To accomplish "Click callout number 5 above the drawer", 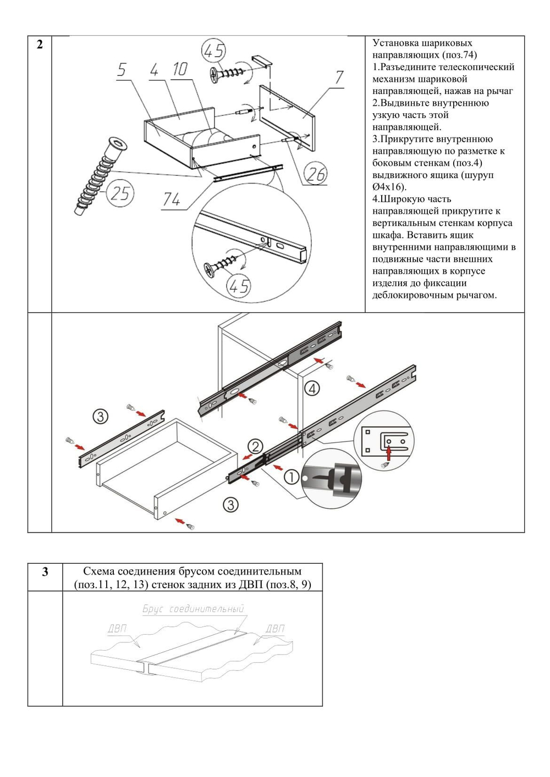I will coord(122,70).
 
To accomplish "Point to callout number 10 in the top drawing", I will coord(180,69).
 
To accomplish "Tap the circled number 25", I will coord(120,193).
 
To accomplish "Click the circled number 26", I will coord(316,174).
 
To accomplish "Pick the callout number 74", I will coord(172,199).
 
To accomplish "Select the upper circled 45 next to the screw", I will coord(214,51).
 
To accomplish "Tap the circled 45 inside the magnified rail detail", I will coord(239,286).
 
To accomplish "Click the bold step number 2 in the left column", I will coord(40,45).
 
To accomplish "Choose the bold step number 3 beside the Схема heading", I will coord(45,572).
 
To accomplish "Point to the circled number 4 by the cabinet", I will coord(312,389).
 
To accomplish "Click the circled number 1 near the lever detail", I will coord(291,477).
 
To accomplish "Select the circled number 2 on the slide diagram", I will coord(255,447).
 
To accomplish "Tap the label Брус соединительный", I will coord(193,609).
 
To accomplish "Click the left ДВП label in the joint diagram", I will coord(117,628).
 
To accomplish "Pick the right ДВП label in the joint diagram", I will coord(275,628).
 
